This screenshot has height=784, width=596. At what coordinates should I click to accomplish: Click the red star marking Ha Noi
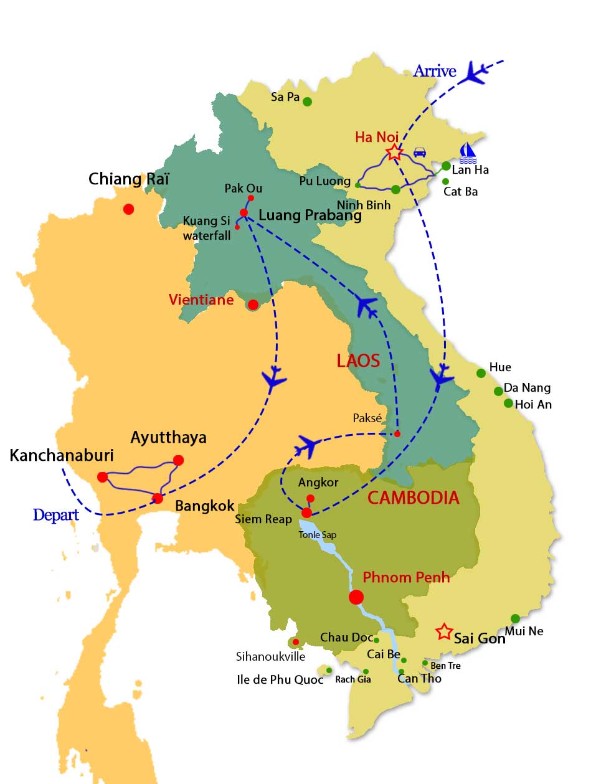[x=394, y=152]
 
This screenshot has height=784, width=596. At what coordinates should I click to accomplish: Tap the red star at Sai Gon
[x=444, y=631]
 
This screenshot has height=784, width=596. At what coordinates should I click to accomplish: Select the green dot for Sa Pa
[x=307, y=102]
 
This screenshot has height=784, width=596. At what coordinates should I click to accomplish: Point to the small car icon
[x=420, y=152]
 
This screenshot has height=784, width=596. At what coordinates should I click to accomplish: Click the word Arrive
[x=435, y=71]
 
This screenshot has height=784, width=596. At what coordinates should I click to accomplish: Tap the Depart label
[x=56, y=515]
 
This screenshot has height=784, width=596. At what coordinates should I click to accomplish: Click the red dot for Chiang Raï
[x=128, y=209]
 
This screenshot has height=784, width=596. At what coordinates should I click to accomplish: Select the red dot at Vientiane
[x=253, y=305]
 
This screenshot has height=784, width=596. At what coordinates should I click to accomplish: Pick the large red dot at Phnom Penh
[x=356, y=597]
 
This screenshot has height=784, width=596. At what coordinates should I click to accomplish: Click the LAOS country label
[x=358, y=361]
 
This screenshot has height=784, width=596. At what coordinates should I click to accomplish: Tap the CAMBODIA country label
[x=414, y=498]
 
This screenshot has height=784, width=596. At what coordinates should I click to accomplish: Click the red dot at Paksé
[x=397, y=433]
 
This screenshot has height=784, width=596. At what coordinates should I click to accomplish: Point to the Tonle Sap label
[x=317, y=534]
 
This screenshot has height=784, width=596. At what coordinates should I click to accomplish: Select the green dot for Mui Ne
[x=515, y=618]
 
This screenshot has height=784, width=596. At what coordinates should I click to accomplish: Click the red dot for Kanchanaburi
[x=103, y=477]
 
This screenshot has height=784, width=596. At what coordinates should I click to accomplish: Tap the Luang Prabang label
[x=310, y=215]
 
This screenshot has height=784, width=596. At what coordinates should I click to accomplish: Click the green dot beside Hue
[x=481, y=373]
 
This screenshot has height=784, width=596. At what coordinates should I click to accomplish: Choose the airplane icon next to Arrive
[x=477, y=72]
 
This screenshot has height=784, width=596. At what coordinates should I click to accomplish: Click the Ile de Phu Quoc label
[x=280, y=679]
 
